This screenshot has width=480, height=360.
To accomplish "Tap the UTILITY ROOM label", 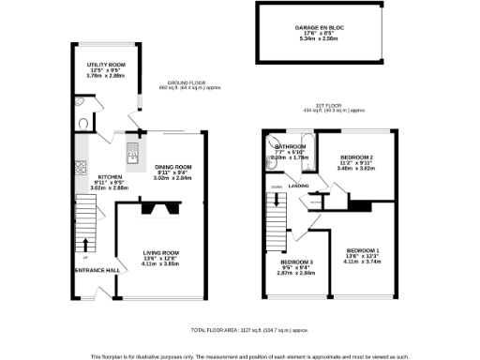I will tap(93, 64).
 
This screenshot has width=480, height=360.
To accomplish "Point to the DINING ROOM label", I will tap(172, 166).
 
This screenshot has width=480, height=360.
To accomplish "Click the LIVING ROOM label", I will tap(161, 251).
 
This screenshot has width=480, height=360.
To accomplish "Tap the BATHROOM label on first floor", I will tap(289, 147).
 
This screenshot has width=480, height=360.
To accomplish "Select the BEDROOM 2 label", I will tap(356, 157).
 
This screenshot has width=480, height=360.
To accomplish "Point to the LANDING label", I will tap(299, 186).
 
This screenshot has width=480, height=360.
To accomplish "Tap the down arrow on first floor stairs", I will tap(276, 197).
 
